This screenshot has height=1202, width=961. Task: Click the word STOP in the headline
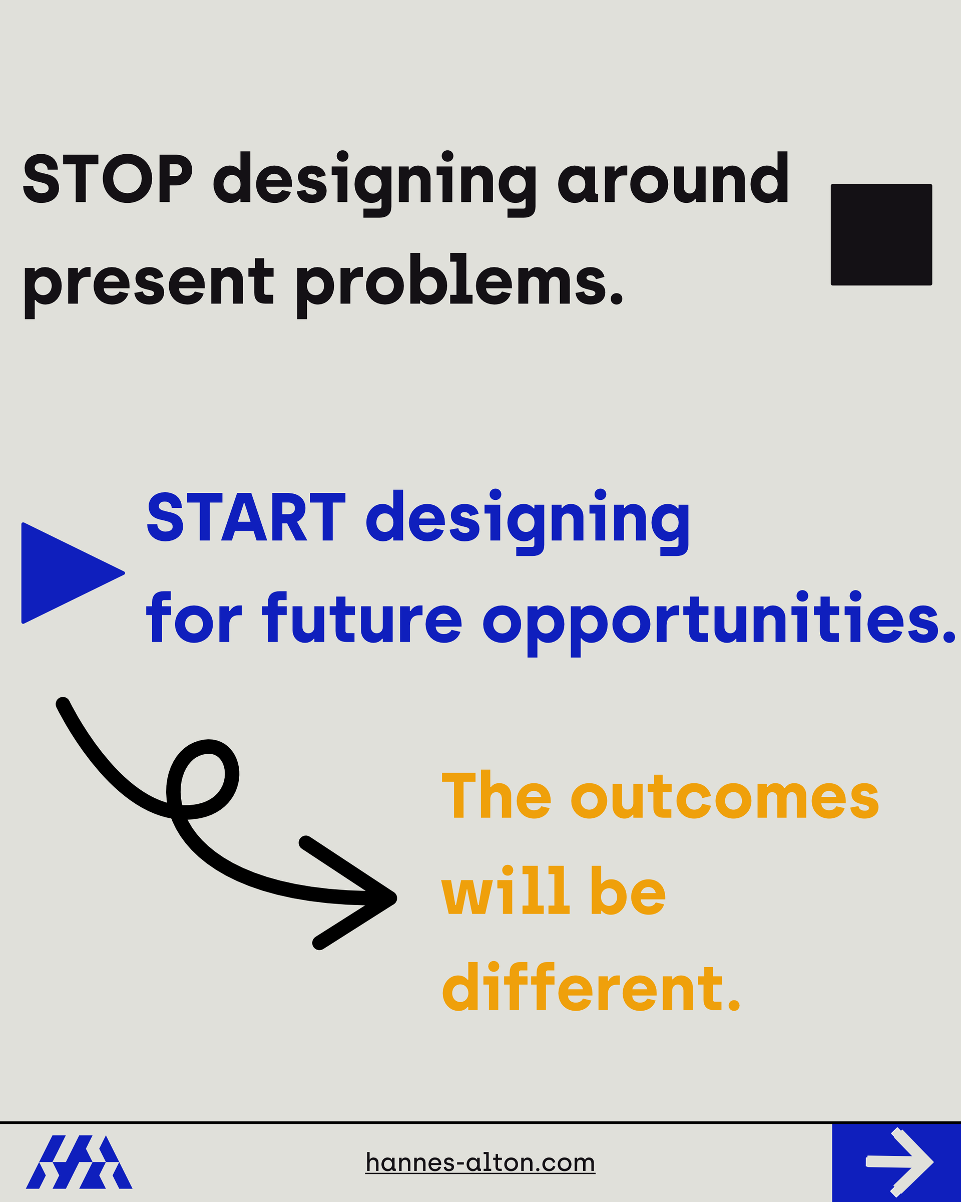(108, 178)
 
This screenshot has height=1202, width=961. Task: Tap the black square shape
(881, 235)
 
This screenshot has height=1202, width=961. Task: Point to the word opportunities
(719, 622)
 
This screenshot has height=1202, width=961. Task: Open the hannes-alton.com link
(480, 1162)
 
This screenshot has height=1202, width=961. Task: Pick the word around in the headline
(674, 178)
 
